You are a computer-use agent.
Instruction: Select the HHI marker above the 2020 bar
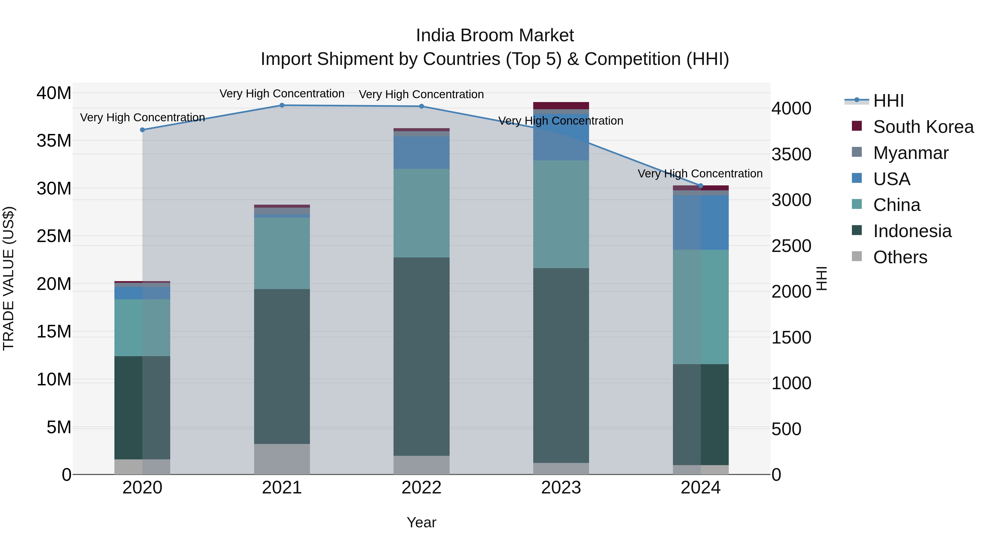[142, 130]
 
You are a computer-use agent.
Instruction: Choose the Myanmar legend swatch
[857, 152]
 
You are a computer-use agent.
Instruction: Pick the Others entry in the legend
[900, 257]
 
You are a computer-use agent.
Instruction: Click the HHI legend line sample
[856, 100]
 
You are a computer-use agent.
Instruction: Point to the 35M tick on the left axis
[54, 141]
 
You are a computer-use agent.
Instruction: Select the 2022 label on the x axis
[421, 488]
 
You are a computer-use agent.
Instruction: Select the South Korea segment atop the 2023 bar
[561, 106]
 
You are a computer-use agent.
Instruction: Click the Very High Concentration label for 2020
[142, 117]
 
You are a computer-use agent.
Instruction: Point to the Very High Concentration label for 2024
[700, 174]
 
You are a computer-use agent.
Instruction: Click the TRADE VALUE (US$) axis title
[9, 278]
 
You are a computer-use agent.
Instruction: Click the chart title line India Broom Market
[495, 35]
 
